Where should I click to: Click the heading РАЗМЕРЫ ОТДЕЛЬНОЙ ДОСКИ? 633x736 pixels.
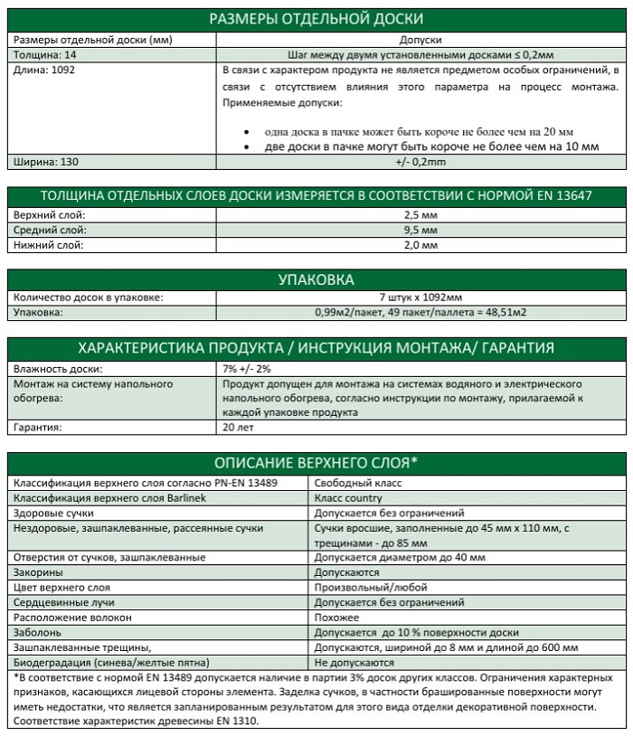point(316,19)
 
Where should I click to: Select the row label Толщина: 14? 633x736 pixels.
point(43,54)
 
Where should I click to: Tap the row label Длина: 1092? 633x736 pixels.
point(41,69)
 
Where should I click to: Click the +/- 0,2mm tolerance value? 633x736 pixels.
point(420,162)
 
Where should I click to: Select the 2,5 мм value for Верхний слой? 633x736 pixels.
point(420,216)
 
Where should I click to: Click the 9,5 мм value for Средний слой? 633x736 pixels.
point(420,231)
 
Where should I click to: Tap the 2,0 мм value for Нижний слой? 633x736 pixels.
point(420,245)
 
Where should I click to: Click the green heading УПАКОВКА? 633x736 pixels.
point(316,279)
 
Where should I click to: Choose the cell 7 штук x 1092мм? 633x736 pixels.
point(420,298)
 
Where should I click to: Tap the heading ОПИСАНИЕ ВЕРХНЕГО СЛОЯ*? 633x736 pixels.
point(316,462)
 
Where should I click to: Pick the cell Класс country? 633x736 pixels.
point(348,497)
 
